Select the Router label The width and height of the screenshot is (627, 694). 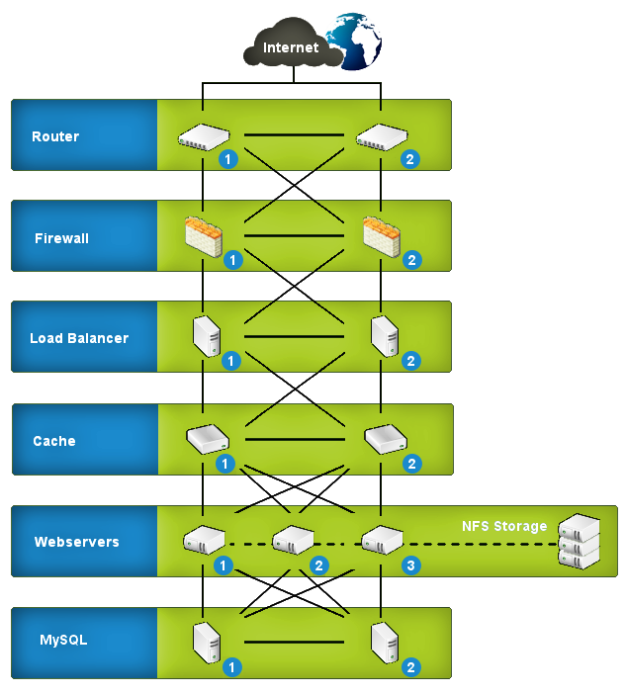coord(55,136)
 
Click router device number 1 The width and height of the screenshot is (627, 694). coord(203,136)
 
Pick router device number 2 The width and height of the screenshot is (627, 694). coord(382,136)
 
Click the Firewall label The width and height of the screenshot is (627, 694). coord(62,238)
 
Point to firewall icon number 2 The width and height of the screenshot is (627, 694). coord(382,235)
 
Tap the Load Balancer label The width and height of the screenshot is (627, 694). coord(79,338)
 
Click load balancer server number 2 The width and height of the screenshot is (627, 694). coord(383,336)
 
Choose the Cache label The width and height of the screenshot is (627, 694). coord(54,441)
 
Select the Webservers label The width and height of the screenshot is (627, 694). coord(77,542)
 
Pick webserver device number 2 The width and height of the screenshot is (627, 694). coord(292,540)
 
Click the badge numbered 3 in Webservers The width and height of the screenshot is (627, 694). coord(411,565)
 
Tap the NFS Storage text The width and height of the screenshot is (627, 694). coord(504,526)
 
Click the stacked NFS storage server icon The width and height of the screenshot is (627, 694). coord(579,541)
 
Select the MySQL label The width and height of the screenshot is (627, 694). coord(64,640)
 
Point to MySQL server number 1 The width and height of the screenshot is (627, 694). coord(206,641)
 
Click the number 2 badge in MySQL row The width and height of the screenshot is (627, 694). coord(411,667)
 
